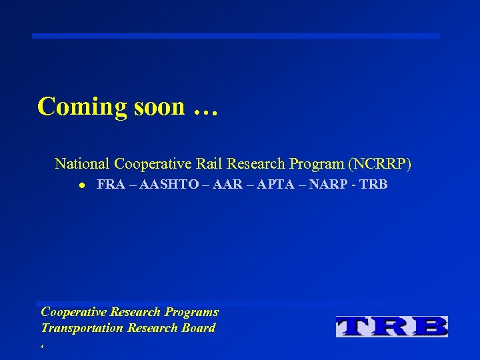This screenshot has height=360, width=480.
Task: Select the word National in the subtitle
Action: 83,163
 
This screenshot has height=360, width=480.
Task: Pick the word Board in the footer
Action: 199,327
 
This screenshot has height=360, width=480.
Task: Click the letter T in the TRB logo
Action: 356,326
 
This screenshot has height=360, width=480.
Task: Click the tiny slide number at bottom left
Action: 42,347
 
